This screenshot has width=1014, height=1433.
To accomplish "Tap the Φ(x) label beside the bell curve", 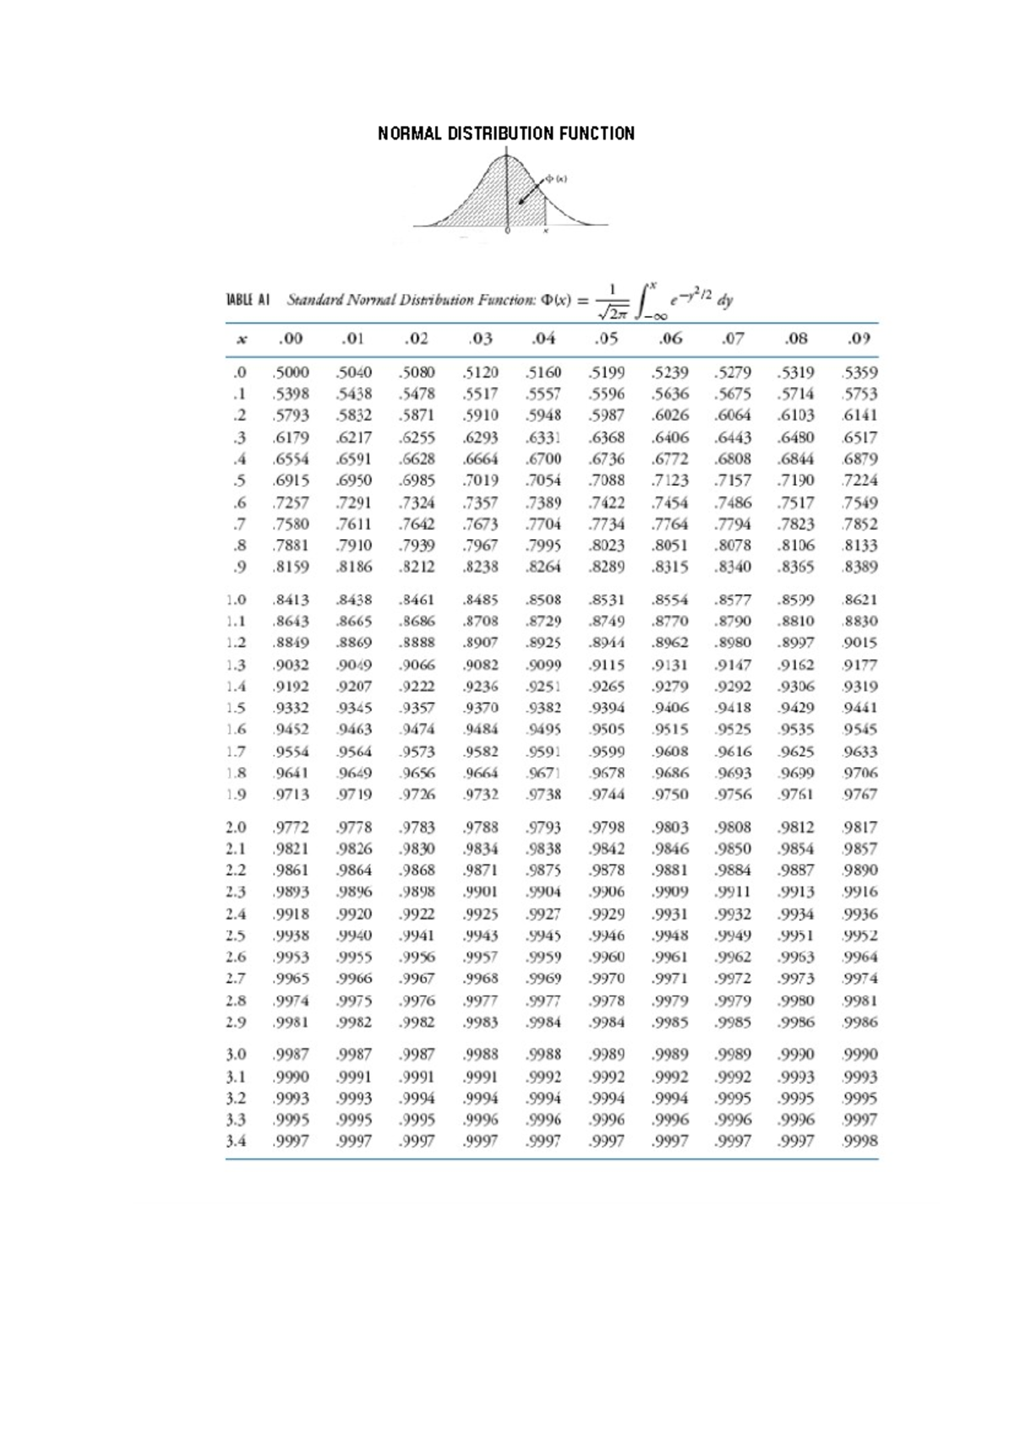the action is click(x=556, y=178).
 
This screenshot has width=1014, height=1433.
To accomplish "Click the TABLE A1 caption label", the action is click(x=248, y=300).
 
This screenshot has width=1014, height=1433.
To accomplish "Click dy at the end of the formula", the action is click(x=725, y=300).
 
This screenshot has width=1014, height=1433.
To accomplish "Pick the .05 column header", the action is click(x=606, y=339).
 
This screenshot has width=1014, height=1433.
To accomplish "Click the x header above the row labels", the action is click(x=242, y=340).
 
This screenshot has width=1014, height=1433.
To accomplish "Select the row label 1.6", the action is click(x=237, y=729).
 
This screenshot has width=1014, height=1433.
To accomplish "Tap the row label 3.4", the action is click(x=237, y=1141).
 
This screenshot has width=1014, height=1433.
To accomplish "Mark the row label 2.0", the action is click(x=237, y=827).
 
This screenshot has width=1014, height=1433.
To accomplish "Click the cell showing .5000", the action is click(x=292, y=372).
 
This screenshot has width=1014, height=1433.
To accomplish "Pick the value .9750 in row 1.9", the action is click(x=670, y=794).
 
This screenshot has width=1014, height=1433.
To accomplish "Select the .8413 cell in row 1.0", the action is click(x=292, y=600).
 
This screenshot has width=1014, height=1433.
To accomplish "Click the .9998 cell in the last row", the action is click(x=860, y=1141).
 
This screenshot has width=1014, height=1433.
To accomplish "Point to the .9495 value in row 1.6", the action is click(x=543, y=729).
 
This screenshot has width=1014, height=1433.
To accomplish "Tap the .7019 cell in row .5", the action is click(x=480, y=481).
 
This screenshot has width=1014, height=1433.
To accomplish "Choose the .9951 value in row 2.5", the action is click(x=796, y=935).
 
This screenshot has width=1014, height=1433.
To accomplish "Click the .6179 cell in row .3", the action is click(x=292, y=438).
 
